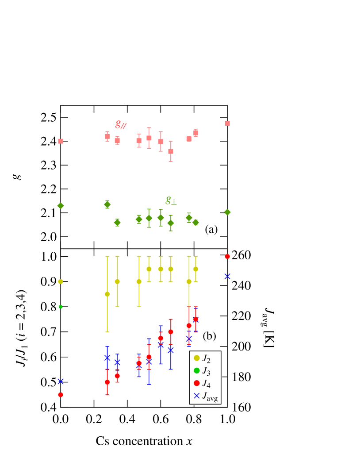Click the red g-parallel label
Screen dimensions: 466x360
(x=121, y=124)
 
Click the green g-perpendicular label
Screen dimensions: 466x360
(x=171, y=199)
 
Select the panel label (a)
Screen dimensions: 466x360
(x=211, y=229)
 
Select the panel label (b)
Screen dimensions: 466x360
(x=209, y=336)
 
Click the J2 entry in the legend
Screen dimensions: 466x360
(x=206, y=358)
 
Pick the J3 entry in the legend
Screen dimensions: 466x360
(x=206, y=371)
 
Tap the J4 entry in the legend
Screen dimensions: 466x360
(x=206, y=383)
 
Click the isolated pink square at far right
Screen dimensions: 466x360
(x=227, y=123)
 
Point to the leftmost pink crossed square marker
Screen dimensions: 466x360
(x=61, y=141)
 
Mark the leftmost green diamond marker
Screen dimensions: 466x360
(x=61, y=206)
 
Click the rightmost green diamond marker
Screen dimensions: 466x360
(x=227, y=212)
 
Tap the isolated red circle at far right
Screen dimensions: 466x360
(x=227, y=257)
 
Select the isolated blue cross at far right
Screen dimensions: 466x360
(x=227, y=276)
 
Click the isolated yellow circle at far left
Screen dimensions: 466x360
(x=61, y=281)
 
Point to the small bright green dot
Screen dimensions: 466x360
(x=61, y=307)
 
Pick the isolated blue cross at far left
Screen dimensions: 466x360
(x=61, y=381)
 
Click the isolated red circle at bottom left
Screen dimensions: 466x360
(x=61, y=395)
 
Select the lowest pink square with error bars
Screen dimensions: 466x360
(x=171, y=151)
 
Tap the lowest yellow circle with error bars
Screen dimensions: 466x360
(x=107, y=294)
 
